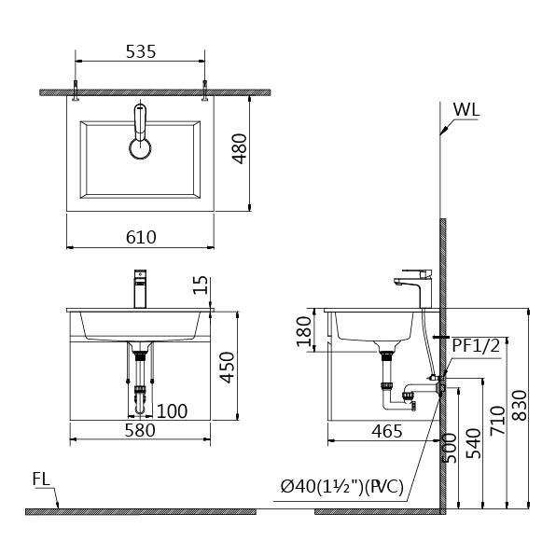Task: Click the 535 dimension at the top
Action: [141, 51]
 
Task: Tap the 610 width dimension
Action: [141, 237]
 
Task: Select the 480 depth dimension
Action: [240, 148]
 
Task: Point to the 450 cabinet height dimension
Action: [227, 367]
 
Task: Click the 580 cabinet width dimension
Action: [140, 430]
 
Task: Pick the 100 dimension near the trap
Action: [172, 411]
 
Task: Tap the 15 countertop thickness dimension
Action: [201, 285]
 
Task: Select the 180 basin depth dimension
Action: [304, 331]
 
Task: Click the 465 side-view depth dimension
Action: [387, 431]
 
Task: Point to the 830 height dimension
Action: [521, 405]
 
